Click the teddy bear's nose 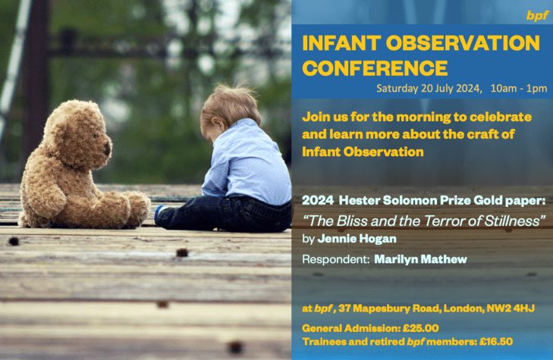point(107,149)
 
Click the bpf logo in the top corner point(538,15)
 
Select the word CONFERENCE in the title point(375,68)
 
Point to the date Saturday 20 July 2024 point(429,88)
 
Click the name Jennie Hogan point(357,239)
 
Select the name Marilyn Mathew point(421,259)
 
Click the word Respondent point(335,260)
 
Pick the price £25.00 point(421,328)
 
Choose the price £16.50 point(496,342)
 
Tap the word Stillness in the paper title point(514,221)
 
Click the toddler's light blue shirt point(247,163)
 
